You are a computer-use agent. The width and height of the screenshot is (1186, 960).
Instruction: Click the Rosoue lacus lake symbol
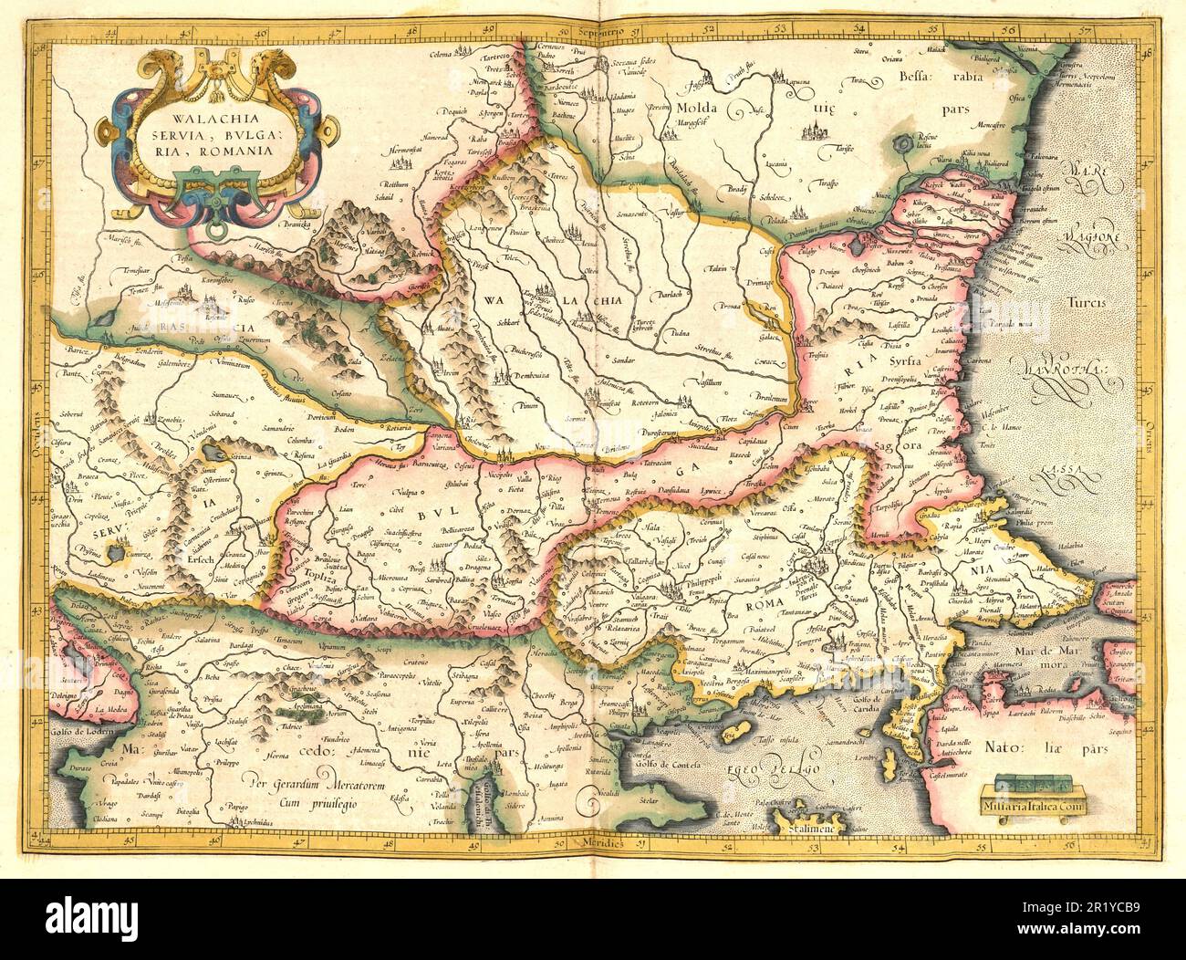904,141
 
